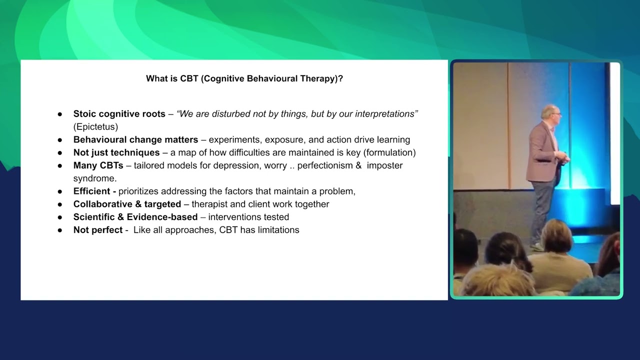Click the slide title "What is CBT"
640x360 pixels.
coord(244,78)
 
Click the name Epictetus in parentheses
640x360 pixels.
coord(95,127)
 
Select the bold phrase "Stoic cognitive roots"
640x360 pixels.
coord(119,114)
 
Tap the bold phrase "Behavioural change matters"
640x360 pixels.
coord(135,140)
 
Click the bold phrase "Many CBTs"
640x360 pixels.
coord(98,165)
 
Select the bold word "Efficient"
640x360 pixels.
coord(91,191)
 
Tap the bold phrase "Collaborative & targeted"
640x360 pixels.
coord(127,204)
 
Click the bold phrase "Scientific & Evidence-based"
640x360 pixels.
coord(135,217)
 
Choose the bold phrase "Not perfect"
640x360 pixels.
coord(97,230)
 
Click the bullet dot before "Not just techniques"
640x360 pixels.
coord(60,153)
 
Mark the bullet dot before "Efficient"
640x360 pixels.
coord(60,191)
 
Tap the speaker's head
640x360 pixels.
coord(549,113)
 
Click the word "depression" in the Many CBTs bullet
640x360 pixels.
coord(225,165)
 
